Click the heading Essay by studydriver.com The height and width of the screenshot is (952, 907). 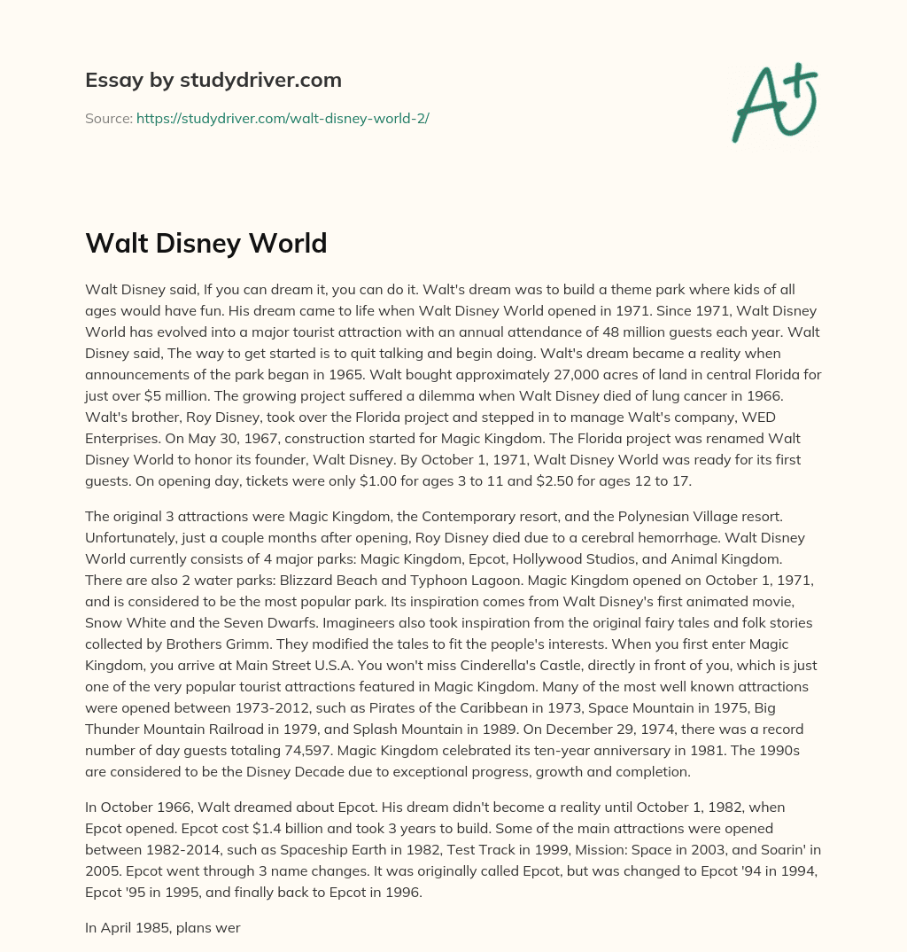pos(213,80)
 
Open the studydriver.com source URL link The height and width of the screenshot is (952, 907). pos(283,118)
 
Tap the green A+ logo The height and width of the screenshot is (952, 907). pos(773,103)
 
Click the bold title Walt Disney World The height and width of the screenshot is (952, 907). pos(206,243)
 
